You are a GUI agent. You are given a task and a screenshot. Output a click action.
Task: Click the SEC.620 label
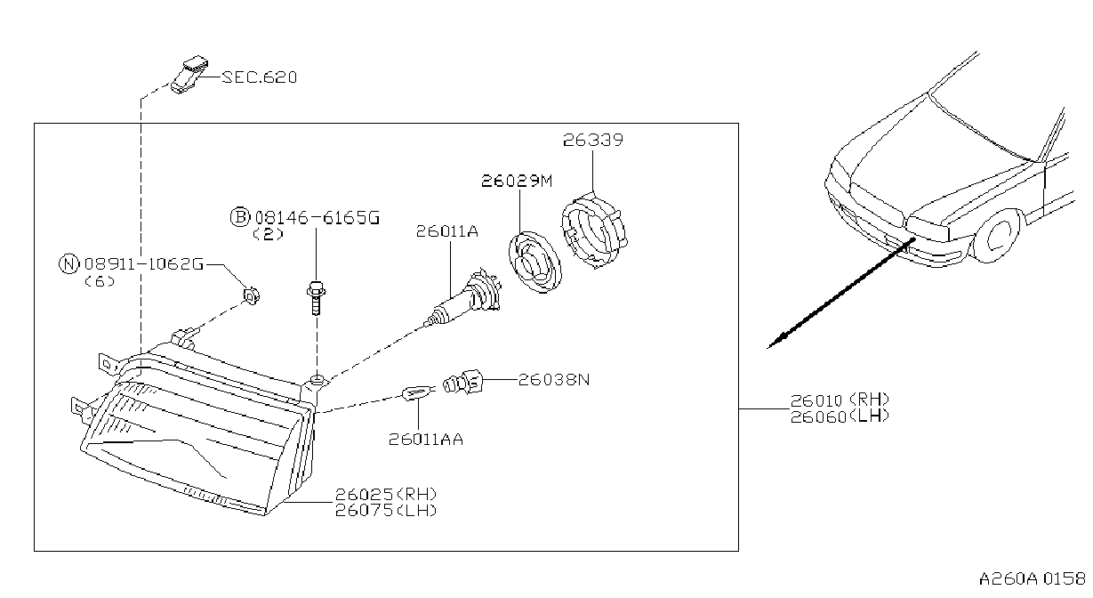[x=260, y=77]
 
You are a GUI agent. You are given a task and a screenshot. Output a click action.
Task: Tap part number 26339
[x=593, y=140]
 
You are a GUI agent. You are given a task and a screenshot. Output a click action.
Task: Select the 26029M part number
[x=517, y=182]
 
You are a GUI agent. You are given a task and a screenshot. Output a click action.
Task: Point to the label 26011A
[x=447, y=230]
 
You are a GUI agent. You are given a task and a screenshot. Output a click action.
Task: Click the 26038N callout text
[x=554, y=380]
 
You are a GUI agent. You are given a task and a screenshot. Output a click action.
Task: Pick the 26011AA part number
[x=425, y=440]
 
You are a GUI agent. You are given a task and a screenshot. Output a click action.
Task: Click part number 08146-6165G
[x=317, y=217]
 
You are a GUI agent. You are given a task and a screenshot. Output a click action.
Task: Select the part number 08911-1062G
[x=144, y=264]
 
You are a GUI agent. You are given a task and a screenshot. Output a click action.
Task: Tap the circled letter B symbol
[x=240, y=217]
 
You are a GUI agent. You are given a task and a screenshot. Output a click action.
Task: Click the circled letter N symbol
[x=68, y=264]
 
